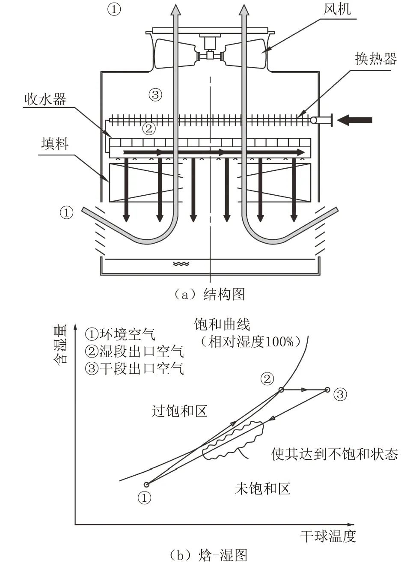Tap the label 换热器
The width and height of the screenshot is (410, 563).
375,59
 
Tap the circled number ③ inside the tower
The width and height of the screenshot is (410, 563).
155,94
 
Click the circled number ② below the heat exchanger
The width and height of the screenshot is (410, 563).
148,128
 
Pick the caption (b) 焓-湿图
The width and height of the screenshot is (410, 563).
208,555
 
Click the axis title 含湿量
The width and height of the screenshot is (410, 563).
60,345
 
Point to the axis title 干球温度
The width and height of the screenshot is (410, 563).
328,536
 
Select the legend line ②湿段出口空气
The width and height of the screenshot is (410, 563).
134,351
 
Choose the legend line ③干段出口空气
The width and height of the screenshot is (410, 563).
134,368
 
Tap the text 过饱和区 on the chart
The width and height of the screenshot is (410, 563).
179,411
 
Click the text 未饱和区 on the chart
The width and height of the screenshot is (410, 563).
262,488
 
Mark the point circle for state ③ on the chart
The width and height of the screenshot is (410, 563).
327,390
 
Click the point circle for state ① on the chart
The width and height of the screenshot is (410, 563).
146,485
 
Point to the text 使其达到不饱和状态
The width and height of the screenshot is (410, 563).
334,454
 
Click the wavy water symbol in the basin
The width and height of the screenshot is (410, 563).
181,264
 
